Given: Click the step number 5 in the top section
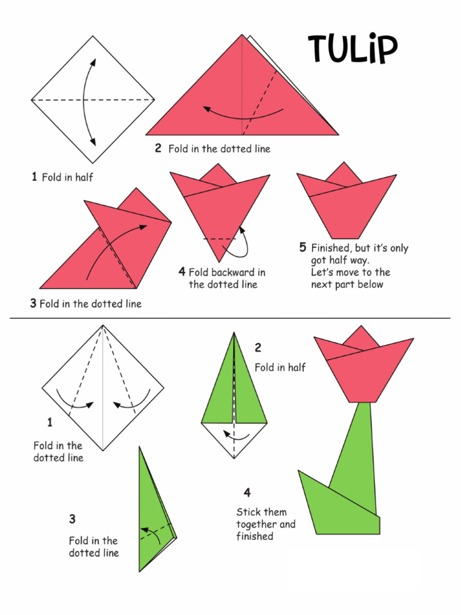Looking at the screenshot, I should coord(303,247).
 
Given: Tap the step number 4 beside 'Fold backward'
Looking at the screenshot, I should coord(182,271).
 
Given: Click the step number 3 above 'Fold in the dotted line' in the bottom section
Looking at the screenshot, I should coord(72,518).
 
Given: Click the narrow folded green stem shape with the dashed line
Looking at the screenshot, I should coord(153,517).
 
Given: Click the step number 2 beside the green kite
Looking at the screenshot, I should coord(258,347).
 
